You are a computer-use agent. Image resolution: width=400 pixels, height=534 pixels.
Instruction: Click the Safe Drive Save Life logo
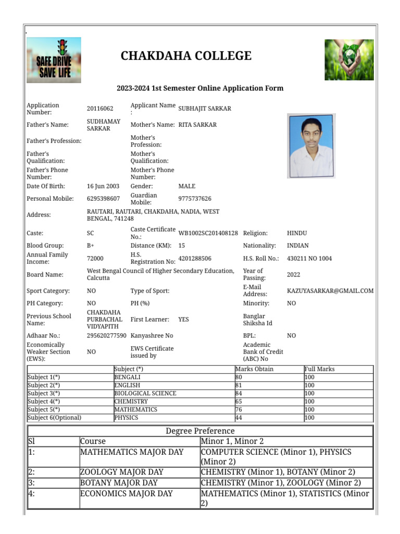[54, 60]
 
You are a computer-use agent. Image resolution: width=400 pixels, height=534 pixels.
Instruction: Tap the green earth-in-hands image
[349, 59]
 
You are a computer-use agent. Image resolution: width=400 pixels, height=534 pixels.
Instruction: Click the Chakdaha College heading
[186, 56]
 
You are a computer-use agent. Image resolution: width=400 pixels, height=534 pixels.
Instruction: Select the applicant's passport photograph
[311, 146]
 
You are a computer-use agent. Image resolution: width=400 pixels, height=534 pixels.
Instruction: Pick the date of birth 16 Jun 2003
[103, 186]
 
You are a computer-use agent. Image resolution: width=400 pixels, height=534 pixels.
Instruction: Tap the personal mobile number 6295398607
[103, 199]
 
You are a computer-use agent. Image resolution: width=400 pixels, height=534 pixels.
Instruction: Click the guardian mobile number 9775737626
[195, 199]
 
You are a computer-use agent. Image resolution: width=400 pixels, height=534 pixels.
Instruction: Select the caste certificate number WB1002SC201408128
[208, 233]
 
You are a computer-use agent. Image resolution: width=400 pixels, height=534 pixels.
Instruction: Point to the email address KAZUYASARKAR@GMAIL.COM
[330, 290]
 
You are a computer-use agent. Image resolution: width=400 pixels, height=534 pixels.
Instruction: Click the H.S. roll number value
[309, 258]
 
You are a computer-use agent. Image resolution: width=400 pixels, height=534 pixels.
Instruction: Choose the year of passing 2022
[293, 274]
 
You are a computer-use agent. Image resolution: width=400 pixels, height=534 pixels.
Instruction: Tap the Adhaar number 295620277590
[106, 335]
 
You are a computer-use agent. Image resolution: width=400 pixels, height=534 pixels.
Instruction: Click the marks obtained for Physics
[239, 418]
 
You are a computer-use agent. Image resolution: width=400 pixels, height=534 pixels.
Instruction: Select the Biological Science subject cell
[145, 393]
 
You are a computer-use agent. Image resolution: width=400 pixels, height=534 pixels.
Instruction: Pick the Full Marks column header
[319, 369]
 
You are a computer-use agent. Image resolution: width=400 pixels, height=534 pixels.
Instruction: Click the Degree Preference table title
[200, 431]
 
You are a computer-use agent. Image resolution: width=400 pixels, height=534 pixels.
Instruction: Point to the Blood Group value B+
[91, 246]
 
